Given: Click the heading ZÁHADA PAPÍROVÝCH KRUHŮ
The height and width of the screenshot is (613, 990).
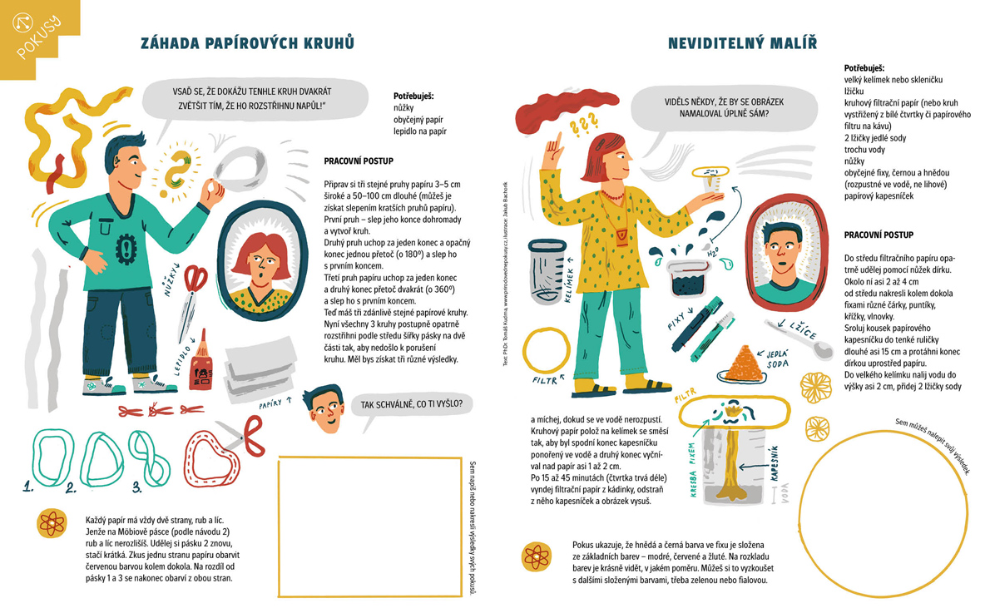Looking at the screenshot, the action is pyautogui.click(x=247, y=43).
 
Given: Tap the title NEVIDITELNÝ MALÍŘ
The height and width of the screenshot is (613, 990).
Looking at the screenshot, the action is pyautogui.click(x=742, y=43).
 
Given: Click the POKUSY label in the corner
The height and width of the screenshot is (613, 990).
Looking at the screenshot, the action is pyautogui.click(x=38, y=37).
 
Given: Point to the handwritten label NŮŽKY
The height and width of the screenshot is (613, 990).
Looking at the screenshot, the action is pyautogui.click(x=171, y=279).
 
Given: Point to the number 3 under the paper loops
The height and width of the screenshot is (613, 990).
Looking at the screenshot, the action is pyautogui.click(x=137, y=487).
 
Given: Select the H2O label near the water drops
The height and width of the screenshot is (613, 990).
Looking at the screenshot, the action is pyautogui.click(x=713, y=251).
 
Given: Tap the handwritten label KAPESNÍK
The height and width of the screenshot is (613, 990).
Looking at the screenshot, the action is pyautogui.click(x=774, y=464).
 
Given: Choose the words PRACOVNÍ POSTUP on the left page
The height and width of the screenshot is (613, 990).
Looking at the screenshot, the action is pyautogui.click(x=359, y=161).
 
